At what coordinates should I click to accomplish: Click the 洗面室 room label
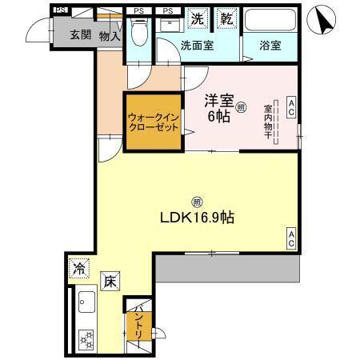coord(196,46)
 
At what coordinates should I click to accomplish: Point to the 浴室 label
coord(270,46)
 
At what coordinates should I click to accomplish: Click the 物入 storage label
coord(109,35)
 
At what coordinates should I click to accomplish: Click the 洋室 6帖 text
coord(218,109)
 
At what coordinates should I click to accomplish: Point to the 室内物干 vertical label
coord(268,122)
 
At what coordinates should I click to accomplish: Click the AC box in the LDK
coord(291,238)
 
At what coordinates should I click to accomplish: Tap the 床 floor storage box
coord(109,281)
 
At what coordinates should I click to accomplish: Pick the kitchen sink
coord(85,303)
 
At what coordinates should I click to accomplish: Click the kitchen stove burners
coord(85,338)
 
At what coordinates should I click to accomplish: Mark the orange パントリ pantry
coord(135,323)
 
